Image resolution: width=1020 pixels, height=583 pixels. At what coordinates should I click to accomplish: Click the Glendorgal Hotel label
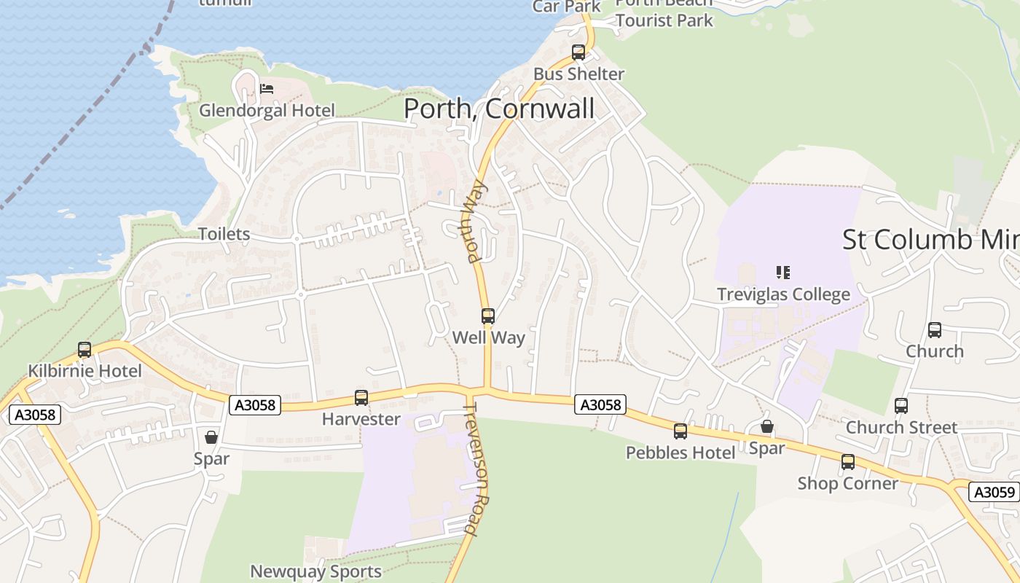point(267,111)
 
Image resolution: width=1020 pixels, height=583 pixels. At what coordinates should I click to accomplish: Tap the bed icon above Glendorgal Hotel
point(267,89)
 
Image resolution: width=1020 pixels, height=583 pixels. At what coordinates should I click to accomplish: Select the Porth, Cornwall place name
point(499,109)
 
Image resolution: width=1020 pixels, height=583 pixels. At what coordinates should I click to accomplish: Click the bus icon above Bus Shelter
point(578,52)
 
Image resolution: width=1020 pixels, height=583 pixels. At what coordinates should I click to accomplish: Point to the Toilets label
point(224,234)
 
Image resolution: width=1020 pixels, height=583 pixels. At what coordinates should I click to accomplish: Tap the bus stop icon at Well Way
point(488,316)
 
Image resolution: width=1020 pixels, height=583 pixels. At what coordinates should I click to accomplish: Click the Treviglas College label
point(783,294)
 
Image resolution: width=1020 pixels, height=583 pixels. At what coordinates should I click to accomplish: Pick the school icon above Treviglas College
point(783,273)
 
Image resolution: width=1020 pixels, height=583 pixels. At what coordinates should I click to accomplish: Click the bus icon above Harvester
point(361,398)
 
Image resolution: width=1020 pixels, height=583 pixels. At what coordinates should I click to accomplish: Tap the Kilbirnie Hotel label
point(85,371)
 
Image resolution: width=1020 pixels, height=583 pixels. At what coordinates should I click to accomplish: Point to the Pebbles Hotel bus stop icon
point(680,431)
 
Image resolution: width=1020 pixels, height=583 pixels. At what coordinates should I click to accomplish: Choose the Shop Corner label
point(847,483)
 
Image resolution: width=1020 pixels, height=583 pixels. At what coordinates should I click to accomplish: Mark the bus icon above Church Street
point(901,406)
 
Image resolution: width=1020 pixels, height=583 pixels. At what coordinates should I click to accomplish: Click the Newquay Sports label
point(315,571)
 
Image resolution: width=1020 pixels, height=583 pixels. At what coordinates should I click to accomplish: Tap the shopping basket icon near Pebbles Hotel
point(767,426)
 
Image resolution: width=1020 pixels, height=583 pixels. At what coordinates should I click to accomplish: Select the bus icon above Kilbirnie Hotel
point(85,350)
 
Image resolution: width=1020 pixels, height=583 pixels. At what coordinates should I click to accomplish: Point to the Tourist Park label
point(664,20)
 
